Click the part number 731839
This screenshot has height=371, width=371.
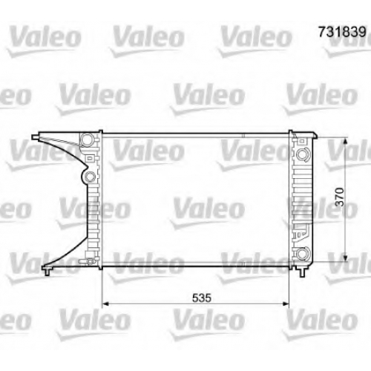[342, 32]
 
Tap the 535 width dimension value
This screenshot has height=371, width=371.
[202, 298]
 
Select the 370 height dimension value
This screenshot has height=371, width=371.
[340, 197]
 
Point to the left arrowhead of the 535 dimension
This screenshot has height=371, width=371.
[105, 303]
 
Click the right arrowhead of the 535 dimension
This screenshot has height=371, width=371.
[286, 303]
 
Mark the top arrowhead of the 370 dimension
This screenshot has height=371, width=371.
[346, 142]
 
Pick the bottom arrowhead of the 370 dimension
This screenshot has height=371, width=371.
[346, 258]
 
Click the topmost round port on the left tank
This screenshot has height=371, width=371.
[87, 139]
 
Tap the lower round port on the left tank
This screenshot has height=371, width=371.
[91, 177]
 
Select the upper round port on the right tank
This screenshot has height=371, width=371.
[302, 154]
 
